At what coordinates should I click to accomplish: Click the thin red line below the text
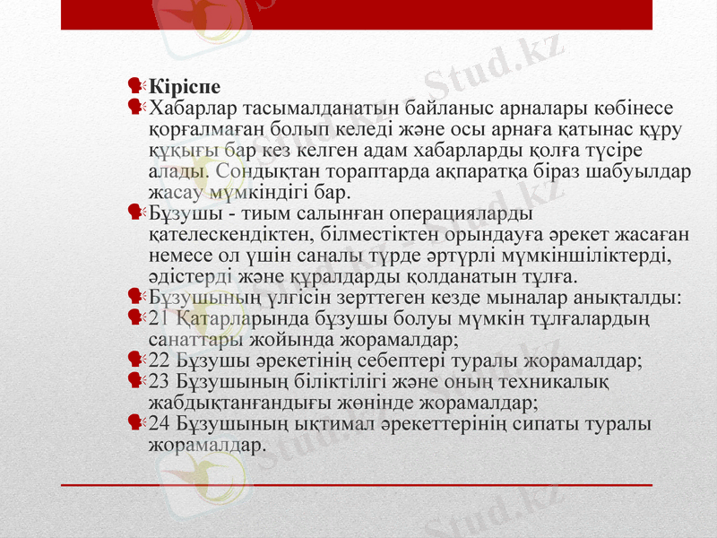[x=358, y=485]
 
